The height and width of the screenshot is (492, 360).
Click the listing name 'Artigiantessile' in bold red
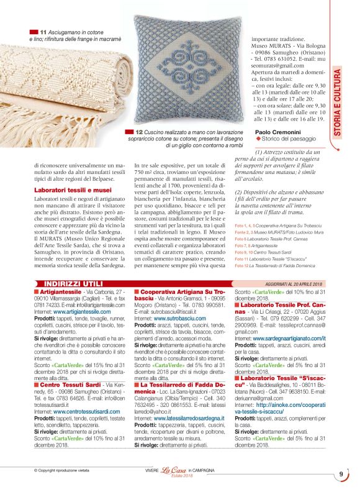click(60, 291)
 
